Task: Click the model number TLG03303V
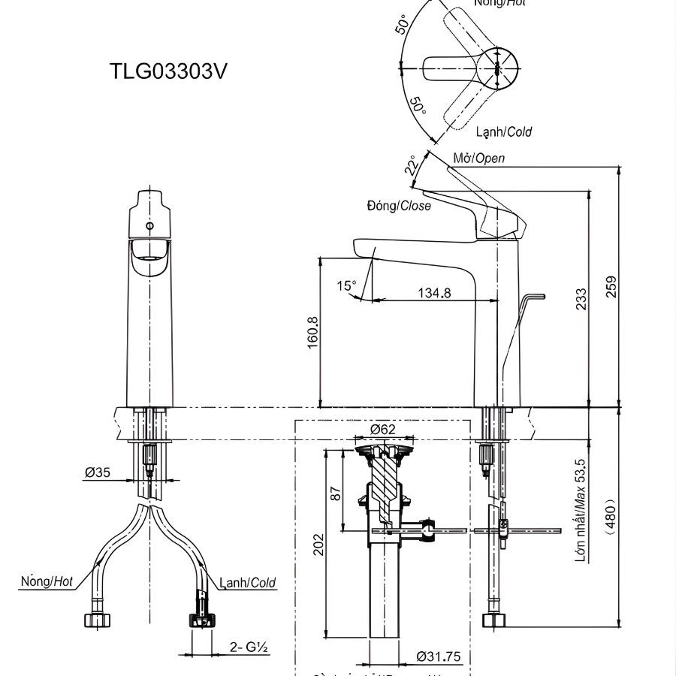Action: [168, 71]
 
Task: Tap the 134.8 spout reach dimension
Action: [435, 293]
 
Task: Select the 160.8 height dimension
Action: [312, 330]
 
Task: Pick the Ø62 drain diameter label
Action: [383, 429]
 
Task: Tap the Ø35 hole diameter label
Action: [98, 472]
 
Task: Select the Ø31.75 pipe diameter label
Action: [439, 656]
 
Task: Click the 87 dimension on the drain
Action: [336, 493]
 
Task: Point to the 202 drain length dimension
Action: [318, 543]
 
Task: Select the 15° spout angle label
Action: [346, 285]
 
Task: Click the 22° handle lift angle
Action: [411, 166]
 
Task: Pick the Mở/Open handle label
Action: [479, 158]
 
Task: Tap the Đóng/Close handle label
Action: [399, 205]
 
